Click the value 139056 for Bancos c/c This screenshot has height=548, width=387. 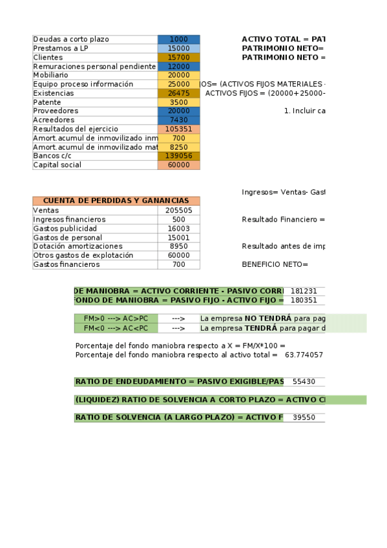pyautogui.click(x=179, y=156)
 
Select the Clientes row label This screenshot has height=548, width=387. pyautogui.click(x=48, y=58)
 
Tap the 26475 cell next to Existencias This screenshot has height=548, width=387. pyautogui.click(x=179, y=93)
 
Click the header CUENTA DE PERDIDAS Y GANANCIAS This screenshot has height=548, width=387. pyautogui.click(x=116, y=201)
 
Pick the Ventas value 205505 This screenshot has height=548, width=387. pyautogui.click(x=179, y=211)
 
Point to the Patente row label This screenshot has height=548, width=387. pyautogui.click(x=47, y=102)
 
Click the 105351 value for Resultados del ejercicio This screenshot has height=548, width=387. pyautogui.click(x=179, y=129)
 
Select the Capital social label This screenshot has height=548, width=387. pyautogui.click(x=57, y=165)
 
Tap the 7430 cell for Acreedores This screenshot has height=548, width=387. pyautogui.click(x=179, y=120)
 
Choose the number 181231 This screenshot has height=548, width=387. pyautogui.click(x=304, y=291)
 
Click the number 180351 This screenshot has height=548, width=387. pyautogui.click(x=304, y=300)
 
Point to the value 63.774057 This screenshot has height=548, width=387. pyautogui.click(x=304, y=355)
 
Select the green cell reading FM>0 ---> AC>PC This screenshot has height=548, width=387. pyautogui.click(x=116, y=319)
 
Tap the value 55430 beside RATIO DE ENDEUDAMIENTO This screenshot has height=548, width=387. pyautogui.click(x=304, y=383)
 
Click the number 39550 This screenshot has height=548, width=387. pyautogui.click(x=304, y=417)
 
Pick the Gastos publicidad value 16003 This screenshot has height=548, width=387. pyautogui.click(x=179, y=229)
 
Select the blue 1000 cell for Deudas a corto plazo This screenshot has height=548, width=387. pyautogui.click(x=179, y=39)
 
